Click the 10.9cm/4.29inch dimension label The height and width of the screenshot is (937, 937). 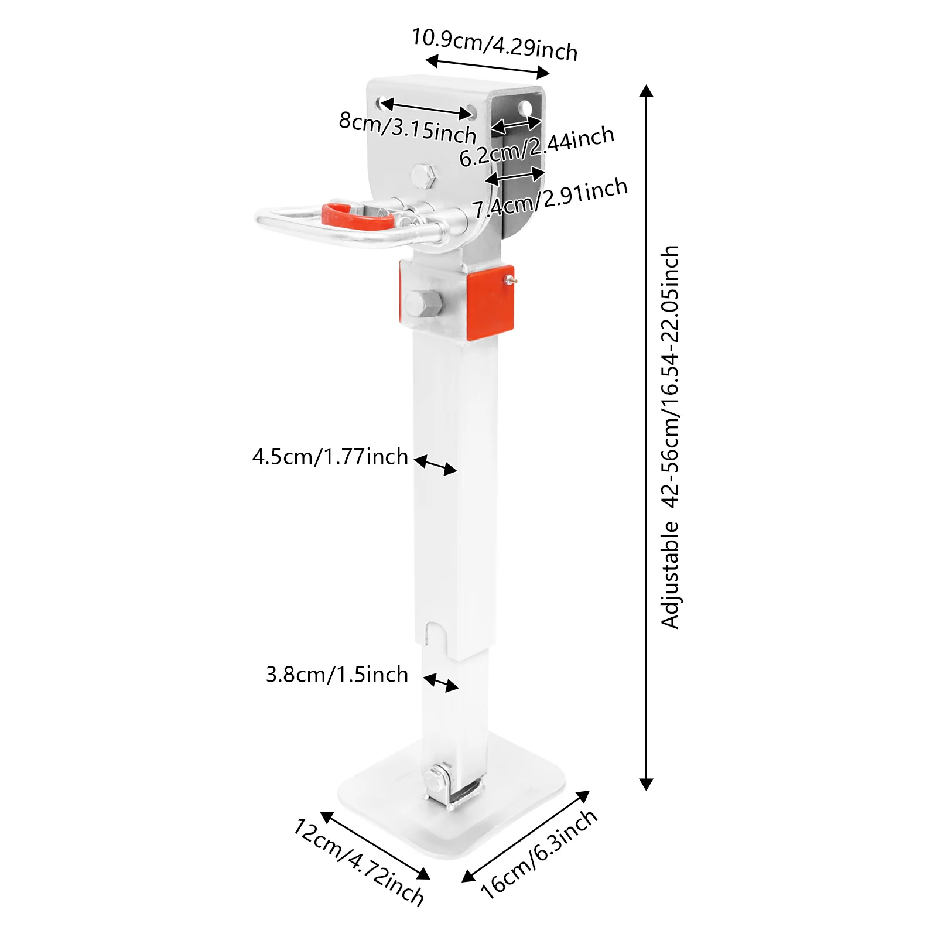click(495, 44)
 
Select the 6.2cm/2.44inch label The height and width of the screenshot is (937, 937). click(536, 146)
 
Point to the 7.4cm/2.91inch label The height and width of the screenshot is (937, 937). click(550, 198)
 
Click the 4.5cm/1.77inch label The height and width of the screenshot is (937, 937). click(330, 457)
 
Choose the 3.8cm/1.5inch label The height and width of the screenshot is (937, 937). click(337, 675)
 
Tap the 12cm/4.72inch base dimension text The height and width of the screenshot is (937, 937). click(359, 862)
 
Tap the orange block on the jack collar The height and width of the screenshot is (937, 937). click(490, 302)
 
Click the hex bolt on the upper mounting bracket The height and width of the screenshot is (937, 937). click(423, 176)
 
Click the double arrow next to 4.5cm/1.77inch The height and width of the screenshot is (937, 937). click(436, 464)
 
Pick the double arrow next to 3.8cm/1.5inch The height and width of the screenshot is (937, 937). click(441, 683)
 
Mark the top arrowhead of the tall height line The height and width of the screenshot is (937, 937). click(646, 91)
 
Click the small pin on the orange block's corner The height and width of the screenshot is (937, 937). click(511, 281)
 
